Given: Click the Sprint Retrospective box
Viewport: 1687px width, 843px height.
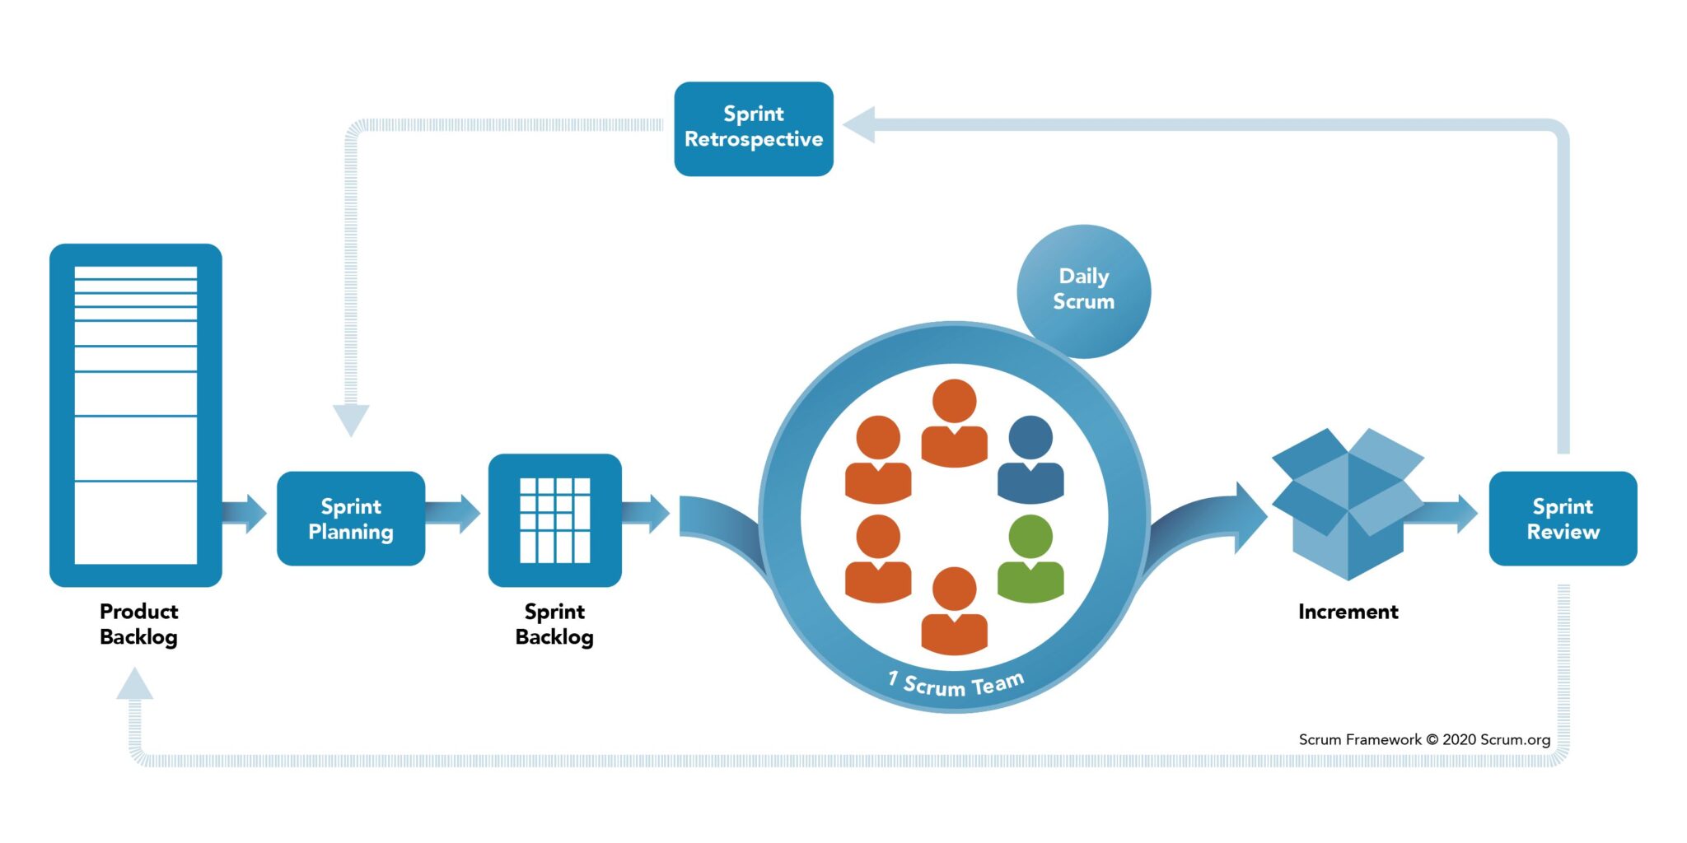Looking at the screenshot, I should pyautogui.click(x=753, y=128).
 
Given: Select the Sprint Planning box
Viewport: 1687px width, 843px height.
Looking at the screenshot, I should pyautogui.click(x=351, y=519).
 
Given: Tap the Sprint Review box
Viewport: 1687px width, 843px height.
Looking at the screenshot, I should pyautogui.click(x=1563, y=519).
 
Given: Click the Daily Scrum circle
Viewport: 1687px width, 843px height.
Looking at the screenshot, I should pyautogui.click(x=1083, y=290).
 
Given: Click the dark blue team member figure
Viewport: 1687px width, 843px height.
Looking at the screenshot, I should pyautogui.click(x=1030, y=461).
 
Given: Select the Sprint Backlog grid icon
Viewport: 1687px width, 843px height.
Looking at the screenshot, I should pyautogui.click(x=554, y=520).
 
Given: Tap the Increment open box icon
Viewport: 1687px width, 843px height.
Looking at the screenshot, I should pyautogui.click(x=1348, y=504).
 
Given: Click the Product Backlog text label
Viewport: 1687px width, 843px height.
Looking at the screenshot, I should pyautogui.click(x=138, y=624).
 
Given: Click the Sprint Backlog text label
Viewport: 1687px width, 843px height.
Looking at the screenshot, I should pyautogui.click(x=554, y=624).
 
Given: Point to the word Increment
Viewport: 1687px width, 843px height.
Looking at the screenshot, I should pyautogui.click(x=1348, y=612).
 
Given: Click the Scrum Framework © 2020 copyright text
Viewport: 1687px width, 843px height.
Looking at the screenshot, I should pyautogui.click(x=1424, y=739).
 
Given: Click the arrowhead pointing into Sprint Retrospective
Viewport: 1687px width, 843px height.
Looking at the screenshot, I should pyautogui.click(x=859, y=125).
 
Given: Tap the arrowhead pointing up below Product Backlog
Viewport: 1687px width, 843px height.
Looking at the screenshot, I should pyautogui.click(x=134, y=685).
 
